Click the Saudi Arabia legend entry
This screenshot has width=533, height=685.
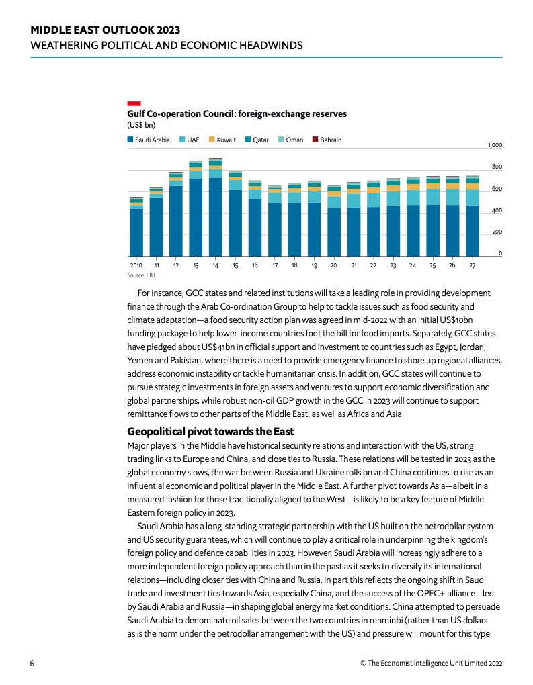[x=149, y=140]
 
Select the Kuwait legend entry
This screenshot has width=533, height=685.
[x=222, y=140]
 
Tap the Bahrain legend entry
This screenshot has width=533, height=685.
[x=327, y=140]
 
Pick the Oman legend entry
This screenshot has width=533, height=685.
[x=291, y=140]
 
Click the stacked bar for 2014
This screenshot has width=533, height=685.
[x=216, y=208]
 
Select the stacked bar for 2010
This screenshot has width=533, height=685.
[x=136, y=227]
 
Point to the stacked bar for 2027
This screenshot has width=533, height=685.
[x=473, y=216]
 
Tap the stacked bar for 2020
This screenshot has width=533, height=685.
[x=334, y=221]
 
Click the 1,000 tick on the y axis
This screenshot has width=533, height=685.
[x=495, y=145]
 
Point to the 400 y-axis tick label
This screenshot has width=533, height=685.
[x=497, y=210]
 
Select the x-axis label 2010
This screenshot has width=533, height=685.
[x=136, y=265]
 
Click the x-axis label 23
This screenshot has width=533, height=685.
[x=393, y=266]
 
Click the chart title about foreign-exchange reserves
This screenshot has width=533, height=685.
[x=237, y=114]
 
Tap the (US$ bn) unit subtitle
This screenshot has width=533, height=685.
[x=141, y=125]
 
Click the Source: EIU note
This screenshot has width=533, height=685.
[x=142, y=275]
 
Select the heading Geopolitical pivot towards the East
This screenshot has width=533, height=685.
[x=211, y=432]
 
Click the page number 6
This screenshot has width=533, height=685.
[x=32, y=663]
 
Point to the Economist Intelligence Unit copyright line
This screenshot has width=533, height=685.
[x=431, y=663]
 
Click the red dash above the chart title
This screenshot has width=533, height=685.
[x=134, y=103]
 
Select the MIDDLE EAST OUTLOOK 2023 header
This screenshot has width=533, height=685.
[x=106, y=30]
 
